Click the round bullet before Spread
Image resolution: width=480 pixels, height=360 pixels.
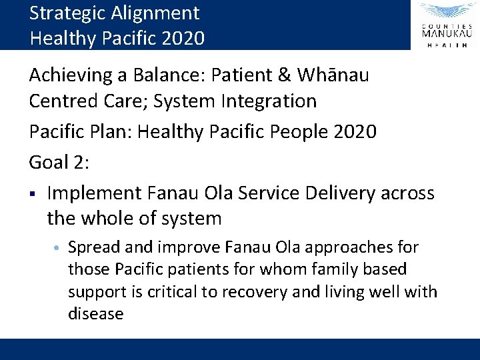(x=58, y=248)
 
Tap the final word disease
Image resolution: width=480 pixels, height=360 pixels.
(x=95, y=314)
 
